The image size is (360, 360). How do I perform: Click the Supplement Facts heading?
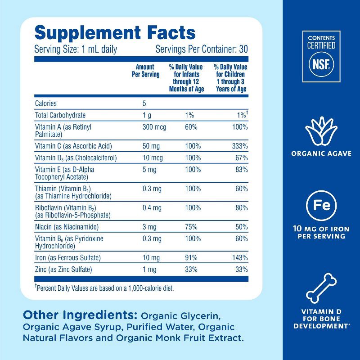115,33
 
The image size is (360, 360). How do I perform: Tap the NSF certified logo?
321,56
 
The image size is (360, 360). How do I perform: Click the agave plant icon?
321,129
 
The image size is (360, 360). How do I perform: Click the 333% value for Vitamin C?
240,146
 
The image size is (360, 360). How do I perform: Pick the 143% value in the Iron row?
240,258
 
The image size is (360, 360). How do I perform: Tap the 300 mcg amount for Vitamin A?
154,127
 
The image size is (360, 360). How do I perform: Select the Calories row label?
46,103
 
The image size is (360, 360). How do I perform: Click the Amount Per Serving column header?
145,71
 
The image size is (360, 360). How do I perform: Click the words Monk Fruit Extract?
204,337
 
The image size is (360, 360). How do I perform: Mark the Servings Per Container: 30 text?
202,49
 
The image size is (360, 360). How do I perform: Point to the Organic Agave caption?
321,153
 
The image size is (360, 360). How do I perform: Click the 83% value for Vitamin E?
241,170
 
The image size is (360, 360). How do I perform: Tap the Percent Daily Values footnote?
104,288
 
